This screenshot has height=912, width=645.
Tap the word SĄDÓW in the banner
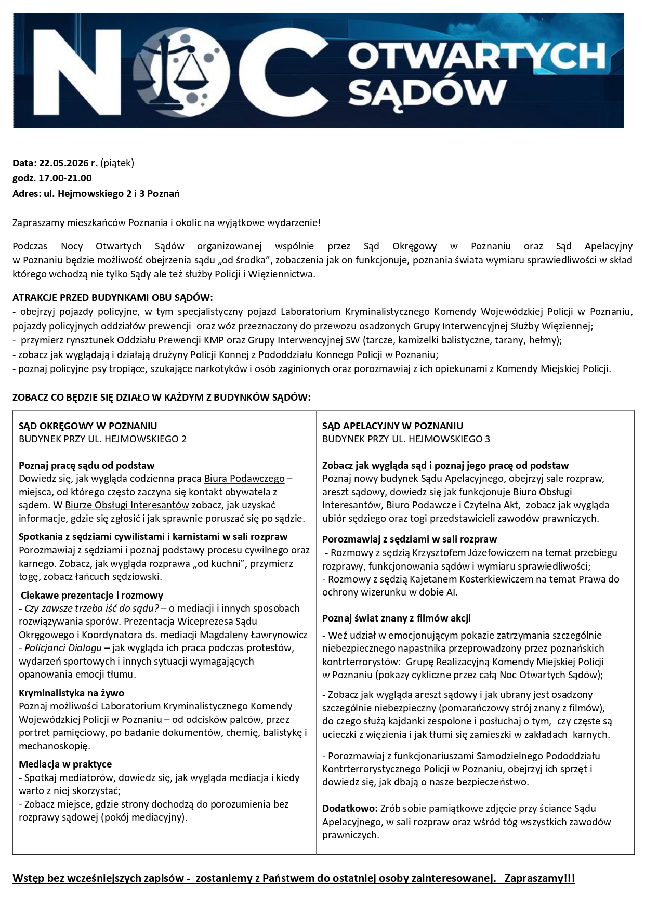427,93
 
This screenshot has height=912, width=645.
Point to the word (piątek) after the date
117,163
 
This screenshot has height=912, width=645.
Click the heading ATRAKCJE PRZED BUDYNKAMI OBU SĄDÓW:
113,298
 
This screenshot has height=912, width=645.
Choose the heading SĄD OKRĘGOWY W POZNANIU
88,426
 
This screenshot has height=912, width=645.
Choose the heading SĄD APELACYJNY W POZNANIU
392,426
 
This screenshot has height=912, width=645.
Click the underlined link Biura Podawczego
244,479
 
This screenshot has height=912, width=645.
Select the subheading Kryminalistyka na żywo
71,693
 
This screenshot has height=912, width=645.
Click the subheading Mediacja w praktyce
65,764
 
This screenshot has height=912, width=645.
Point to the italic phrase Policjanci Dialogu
63,648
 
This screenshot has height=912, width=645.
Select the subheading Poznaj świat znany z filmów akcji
397,618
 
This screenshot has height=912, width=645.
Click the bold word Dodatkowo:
350,809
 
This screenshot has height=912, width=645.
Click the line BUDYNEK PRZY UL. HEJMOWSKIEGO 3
406,439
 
